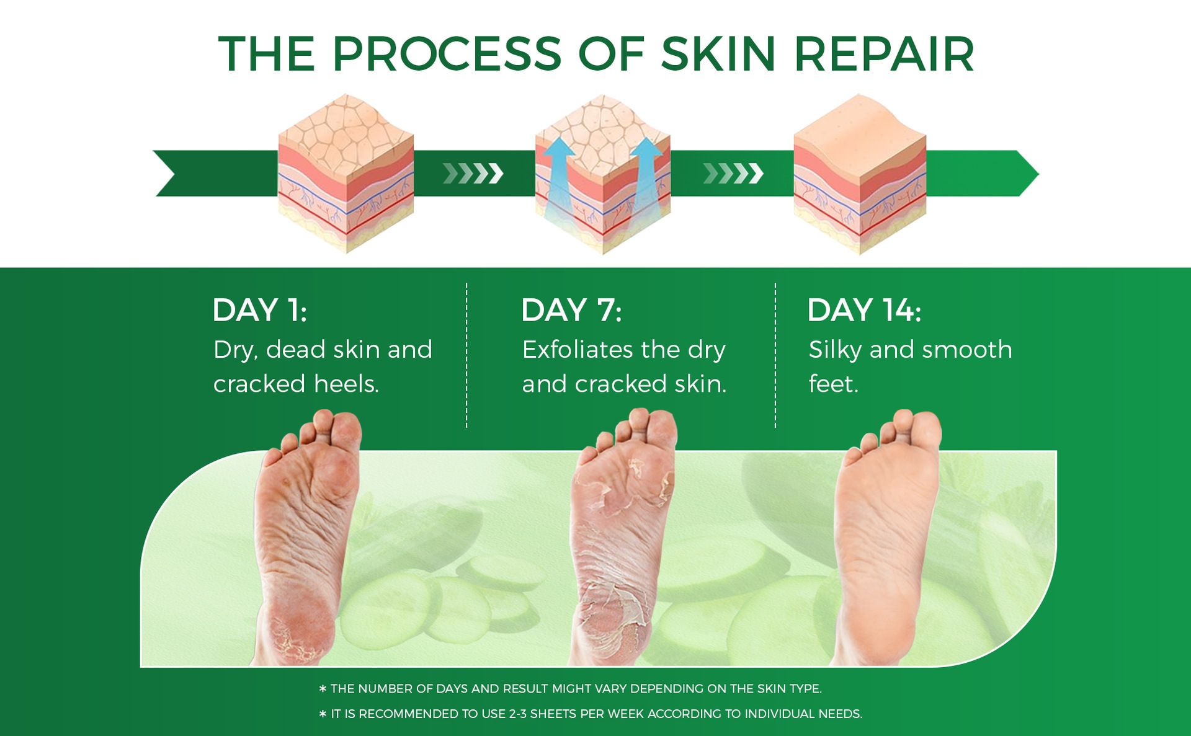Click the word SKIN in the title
[x=718, y=54]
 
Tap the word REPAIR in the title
[x=884, y=54]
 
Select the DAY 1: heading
[x=259, y=310]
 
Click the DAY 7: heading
[x=571, y=310]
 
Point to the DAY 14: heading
[x=864, y=310]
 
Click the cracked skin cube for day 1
[x=346, y=174]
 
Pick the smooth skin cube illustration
[x=860, y=174]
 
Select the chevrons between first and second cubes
[x=473, y=174]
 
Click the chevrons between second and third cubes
[x=733, y=174]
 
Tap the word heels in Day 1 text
[x=346, y=384]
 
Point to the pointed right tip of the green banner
[x=1038, y=174]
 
